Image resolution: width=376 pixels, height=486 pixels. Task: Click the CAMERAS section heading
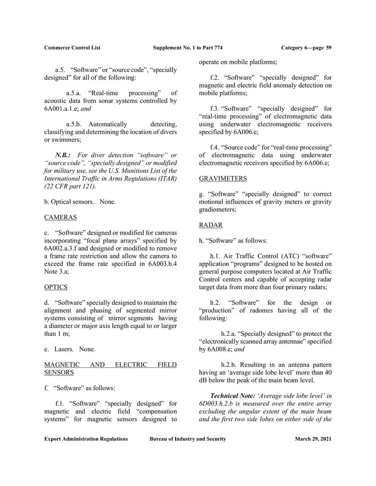(x=60, y=217)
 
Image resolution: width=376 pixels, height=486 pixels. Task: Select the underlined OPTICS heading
(x=56, y=287)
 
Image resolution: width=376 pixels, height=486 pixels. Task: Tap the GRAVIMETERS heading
(x=223, y=178)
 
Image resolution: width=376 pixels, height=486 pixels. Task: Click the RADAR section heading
(x=211, y=225)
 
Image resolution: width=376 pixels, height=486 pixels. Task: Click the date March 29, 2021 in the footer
(x=313, y=439)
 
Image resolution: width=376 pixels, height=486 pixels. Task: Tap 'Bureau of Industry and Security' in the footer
(x=188, y=439)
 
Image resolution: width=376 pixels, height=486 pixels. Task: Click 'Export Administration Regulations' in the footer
(x=86, y=439)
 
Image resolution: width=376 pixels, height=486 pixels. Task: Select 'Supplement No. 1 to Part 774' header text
(x=188, y=48)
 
